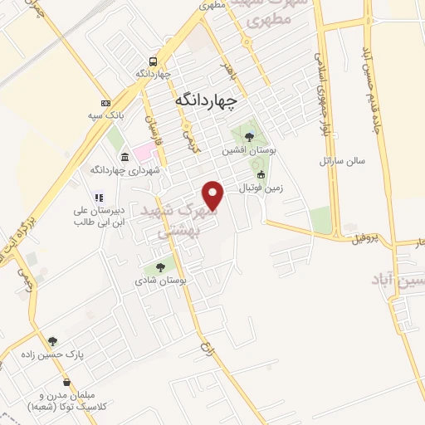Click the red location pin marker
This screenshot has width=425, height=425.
tap(214, 196)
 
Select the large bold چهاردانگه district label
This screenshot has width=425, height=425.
tap(208, 100)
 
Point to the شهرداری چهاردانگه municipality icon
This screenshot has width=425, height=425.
tap(125, 157)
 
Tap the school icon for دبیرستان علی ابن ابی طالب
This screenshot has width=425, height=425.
tap(98, 198)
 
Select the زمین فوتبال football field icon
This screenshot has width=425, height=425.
tap(261, 175)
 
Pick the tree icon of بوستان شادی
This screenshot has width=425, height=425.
tap(160, 267)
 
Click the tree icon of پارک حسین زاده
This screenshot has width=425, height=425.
tap(52, 340)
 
